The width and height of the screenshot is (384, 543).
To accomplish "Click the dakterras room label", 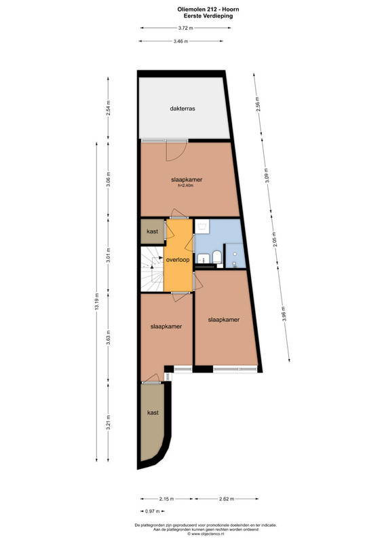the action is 183,109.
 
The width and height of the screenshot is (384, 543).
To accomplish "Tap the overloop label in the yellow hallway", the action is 178,259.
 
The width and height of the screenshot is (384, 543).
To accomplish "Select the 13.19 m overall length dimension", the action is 96,301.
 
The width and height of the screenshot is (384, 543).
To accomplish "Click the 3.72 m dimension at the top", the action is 186,28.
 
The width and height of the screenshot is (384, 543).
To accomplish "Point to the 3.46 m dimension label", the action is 180,41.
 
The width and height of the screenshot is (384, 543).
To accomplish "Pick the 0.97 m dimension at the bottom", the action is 153,511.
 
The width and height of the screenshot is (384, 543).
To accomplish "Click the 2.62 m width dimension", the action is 227,499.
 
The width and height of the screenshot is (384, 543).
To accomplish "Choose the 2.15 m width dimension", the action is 166,499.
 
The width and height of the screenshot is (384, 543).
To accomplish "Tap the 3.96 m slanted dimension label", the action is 284,314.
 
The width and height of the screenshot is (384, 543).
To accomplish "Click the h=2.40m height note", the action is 186,185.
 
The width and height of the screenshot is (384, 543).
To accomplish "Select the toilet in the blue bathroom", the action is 217,258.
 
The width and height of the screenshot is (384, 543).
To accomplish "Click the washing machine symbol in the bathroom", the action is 201,227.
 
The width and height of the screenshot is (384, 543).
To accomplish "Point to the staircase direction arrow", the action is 157,258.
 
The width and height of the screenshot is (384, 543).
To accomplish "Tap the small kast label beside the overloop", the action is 153,231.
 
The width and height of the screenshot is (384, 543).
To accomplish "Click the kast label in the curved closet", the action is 153,413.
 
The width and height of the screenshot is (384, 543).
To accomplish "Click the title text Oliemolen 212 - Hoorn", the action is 208,10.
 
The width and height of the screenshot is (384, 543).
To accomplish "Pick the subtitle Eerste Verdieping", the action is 208,16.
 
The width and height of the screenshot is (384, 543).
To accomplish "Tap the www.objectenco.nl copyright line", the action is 206,533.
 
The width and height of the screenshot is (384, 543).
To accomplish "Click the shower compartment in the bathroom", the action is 235,256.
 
